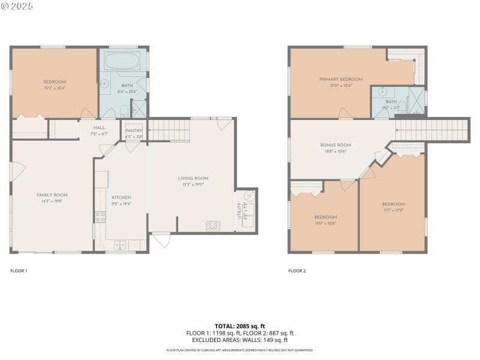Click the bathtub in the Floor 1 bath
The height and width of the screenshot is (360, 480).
click(x=122, y=60)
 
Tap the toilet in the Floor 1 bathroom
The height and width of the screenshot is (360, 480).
click(x=122, y=110)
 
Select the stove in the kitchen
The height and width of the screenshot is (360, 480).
click(x=100, y=217)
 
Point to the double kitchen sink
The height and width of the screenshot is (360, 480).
click(x=119, y=244)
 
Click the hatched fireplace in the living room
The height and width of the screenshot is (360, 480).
click(x=212, y=226)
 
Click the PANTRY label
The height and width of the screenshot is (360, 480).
click(x=133, y=130)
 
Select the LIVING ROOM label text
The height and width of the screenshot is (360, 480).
click(x=193, y=178)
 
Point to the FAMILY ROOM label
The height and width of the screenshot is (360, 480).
click(x=52, y=195)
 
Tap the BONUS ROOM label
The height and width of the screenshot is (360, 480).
click(x=335, y=145)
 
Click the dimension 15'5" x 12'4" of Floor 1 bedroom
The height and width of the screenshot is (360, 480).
click(x=54, y=88)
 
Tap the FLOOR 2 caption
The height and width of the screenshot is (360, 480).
click(x=297, y=271)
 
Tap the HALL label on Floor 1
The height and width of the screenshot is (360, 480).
click(x=98, y=127)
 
